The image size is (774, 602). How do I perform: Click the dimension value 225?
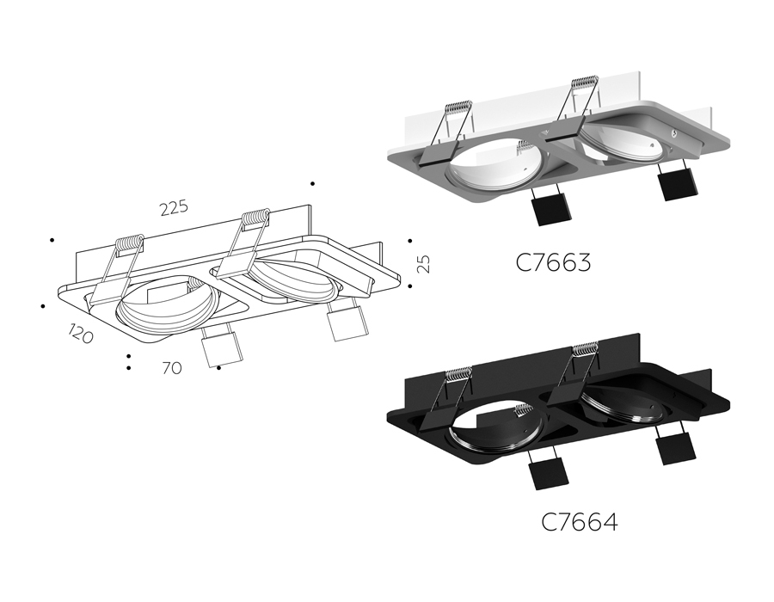(x=173, y=208)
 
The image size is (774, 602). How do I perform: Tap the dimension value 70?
(x=171, y=368)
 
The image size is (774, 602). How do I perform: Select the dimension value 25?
(x=422, y=262)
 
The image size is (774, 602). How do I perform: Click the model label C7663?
(x=553, y=262)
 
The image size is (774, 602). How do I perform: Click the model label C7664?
(x=579, y=521)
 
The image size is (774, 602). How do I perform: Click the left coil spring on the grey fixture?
(x=458, y=112)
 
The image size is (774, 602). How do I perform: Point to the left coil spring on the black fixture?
(x=458, y=374)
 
